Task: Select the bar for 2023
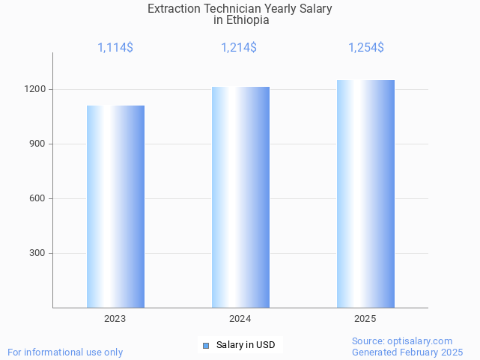115,207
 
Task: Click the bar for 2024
240,197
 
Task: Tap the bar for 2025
365,194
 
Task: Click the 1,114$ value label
115,48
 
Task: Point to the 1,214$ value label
239,48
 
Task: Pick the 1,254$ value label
366,48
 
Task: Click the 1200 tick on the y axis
36,89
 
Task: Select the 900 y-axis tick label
38,144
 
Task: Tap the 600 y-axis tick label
38,198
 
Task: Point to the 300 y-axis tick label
38,253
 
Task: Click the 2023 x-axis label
115,319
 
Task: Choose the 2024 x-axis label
240,319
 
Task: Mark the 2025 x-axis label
365,319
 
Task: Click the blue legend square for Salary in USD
207,345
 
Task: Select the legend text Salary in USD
246,345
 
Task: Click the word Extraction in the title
174,9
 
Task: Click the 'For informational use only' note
65,353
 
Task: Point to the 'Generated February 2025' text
407,353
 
